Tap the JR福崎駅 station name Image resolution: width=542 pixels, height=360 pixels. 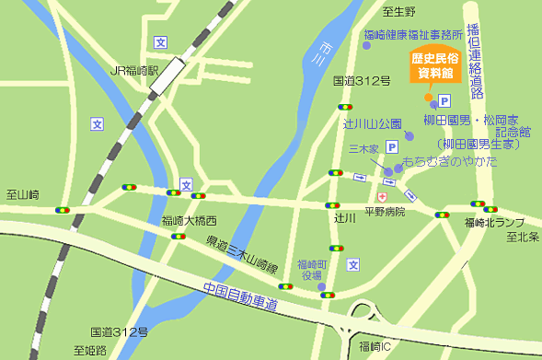(x=135, y=69)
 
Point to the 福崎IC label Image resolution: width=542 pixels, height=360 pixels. (x=376, y=346)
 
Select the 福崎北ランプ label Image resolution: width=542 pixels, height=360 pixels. (x=494, y=222)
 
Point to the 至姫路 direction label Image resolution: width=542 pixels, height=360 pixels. (x=91, y=350)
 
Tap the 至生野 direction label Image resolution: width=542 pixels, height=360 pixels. (x=400, y=11)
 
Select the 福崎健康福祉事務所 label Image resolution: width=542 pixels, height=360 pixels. (x=411, y=35)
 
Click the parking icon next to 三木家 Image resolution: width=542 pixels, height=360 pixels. (x=391, y=145)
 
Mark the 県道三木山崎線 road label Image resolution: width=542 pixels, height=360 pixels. (x=241, y=255)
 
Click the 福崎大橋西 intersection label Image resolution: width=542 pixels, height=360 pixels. (x=189, y=220)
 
